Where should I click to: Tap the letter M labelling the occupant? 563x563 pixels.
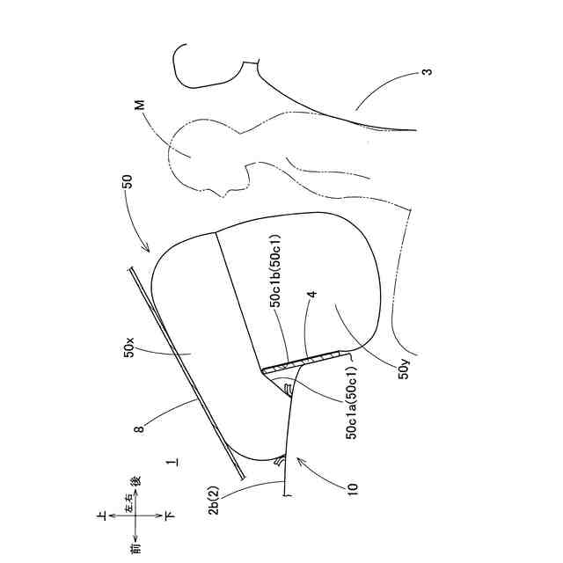[139, 105]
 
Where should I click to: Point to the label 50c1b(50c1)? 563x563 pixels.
[275, 269]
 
